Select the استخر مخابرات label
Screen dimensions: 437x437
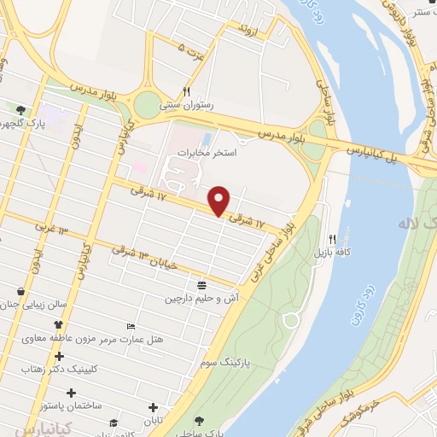coord(200,151)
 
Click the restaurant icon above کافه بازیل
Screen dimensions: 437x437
coord(333,240)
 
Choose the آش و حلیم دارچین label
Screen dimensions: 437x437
coord(197,300)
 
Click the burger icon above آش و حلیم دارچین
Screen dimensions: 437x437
coord(201,285)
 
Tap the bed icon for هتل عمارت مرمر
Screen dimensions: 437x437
coord(131,327)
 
